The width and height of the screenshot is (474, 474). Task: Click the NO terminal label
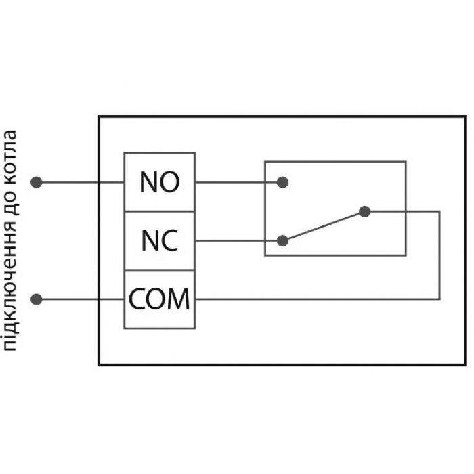[x=160, y=181]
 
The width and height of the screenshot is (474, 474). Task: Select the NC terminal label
[x=160, y=240]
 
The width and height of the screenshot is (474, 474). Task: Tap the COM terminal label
[x=159, y=299]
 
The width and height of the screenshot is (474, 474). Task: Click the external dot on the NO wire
[x=37, y=182]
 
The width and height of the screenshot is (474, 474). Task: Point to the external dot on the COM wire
[x=37, y=299]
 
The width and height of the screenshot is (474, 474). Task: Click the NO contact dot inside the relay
[x=282, y=182]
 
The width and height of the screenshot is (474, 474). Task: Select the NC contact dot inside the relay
[x=282, y=240]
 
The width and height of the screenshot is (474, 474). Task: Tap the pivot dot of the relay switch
[x=365, y=211]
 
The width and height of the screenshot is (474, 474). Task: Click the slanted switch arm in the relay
[x=324, y=226]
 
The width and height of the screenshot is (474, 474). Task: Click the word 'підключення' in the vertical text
[x=9, y=286]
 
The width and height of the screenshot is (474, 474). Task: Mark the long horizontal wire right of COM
[x=318, y=299]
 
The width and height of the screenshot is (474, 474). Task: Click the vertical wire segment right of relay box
[x=439, y=255]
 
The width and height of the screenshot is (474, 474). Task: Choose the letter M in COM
[x=179, y=299]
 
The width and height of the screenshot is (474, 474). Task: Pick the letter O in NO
[x=170, y=181]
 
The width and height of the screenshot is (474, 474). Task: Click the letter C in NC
[x=169, y=240]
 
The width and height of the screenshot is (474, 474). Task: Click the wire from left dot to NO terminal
[x=81, y=182]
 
